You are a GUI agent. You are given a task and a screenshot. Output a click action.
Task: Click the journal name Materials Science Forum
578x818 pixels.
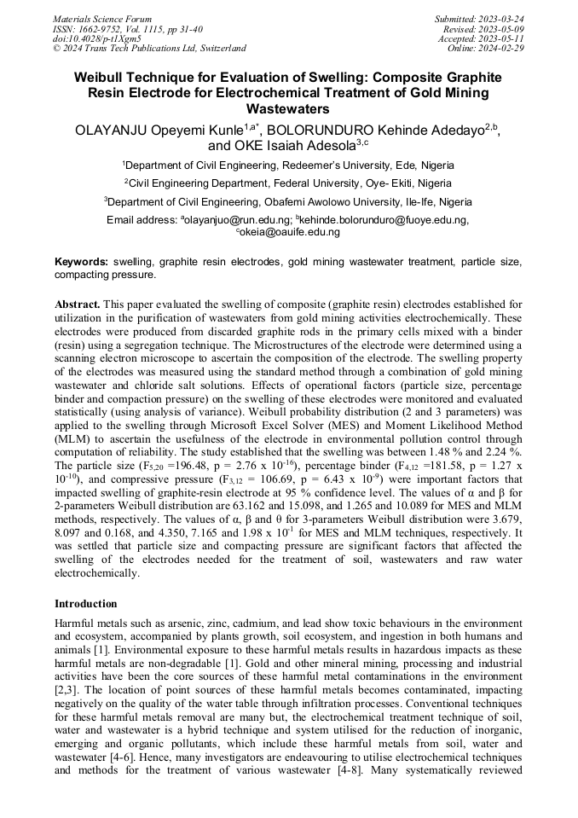coord(102,19)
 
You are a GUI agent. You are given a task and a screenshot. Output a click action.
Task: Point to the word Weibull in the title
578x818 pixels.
coord(101,77)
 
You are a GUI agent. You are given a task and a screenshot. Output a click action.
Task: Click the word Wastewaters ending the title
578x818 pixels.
coord(288,109)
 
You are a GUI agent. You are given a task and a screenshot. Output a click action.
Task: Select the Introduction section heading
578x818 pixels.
coord(86,604)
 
